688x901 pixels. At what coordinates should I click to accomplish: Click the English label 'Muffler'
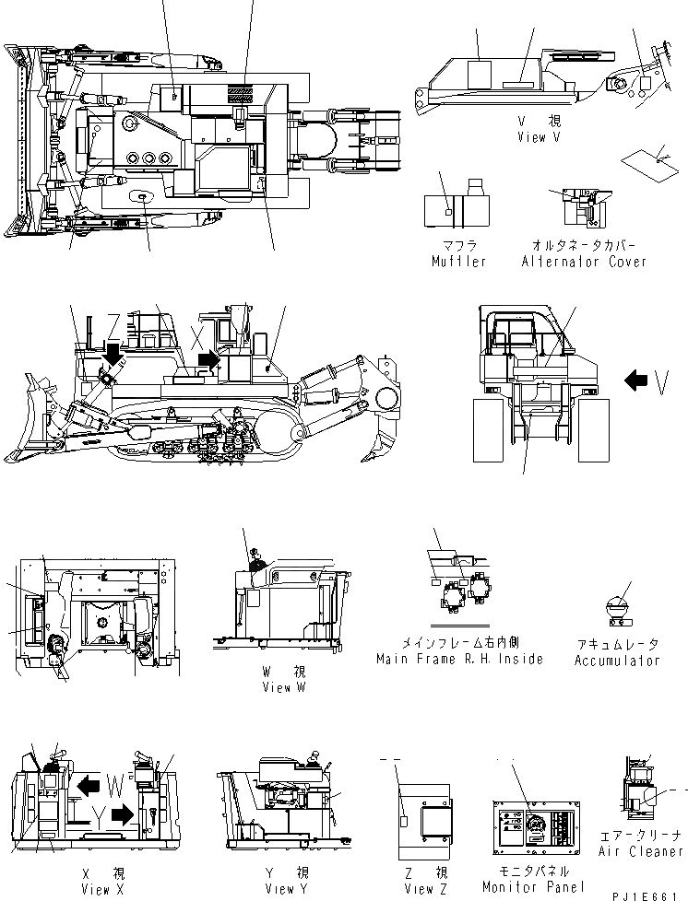coord(457,261)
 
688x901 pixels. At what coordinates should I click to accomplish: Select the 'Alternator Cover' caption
coord(583,261)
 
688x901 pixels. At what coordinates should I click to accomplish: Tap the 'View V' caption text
coord(544,136)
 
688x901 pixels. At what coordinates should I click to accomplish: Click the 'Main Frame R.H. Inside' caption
coord(459,659)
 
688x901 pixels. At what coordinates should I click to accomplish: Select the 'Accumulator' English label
coord(617,660)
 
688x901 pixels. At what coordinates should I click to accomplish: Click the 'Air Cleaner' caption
coord(642,851)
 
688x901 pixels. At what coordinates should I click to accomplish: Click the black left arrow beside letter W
coord(89,785)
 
